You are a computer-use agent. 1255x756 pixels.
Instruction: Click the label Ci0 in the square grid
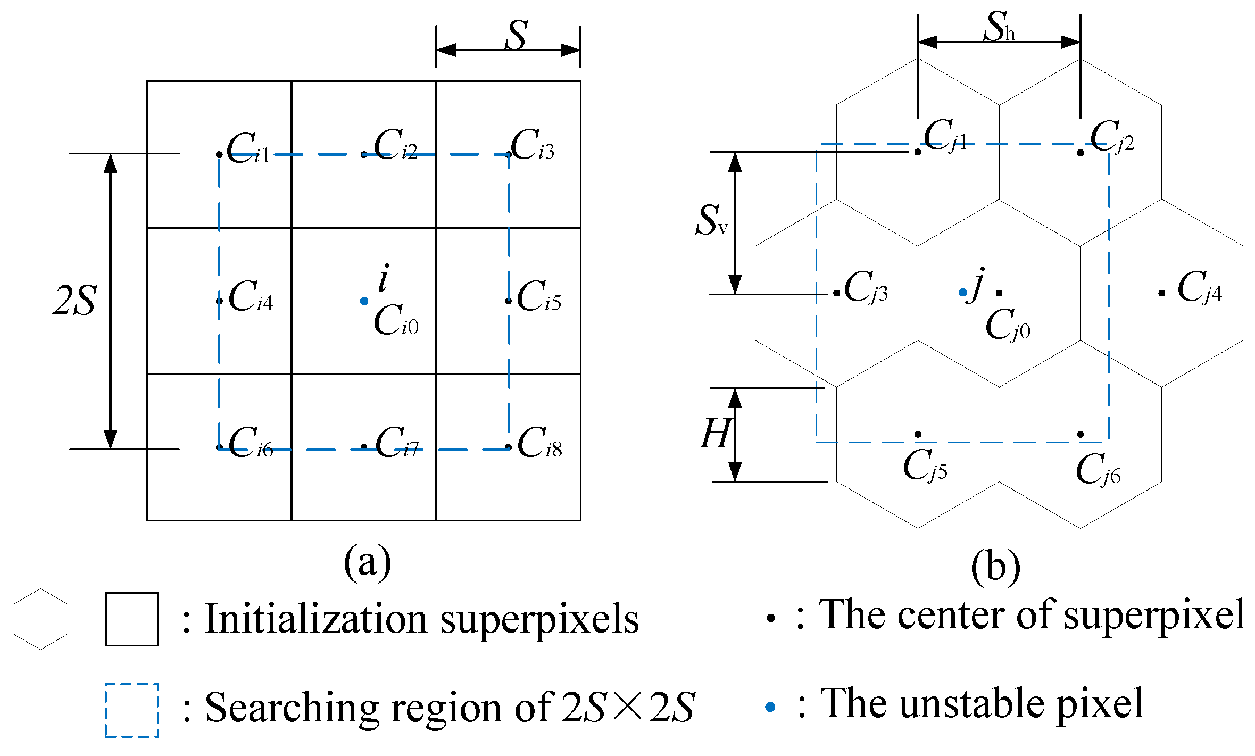(x=396, y=320)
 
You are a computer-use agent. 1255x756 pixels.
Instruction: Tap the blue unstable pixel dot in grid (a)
(x=364, y=301)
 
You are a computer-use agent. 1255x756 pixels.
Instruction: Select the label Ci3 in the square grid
(x=532, y=145)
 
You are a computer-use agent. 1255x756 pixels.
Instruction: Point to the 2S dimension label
(x=75, y=301)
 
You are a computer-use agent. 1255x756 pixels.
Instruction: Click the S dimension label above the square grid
(x=516, y=36)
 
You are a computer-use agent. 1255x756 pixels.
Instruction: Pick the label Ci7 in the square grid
(x=397, y=443)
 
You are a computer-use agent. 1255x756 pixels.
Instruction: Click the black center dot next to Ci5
(x=508, y=301)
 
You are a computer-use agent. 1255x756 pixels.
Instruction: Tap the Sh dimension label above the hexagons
(x=999, y=27)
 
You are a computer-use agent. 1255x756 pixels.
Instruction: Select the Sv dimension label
(x=711, y=220)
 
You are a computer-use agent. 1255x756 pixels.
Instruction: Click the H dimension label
(x=714, y=434)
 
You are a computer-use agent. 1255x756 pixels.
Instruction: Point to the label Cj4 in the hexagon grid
(x=1199, y=288)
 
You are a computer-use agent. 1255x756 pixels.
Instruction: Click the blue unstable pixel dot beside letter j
(x=962, y=292)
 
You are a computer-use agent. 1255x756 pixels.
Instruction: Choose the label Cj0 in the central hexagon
(x=1007, y=325)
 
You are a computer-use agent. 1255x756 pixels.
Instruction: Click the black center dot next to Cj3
(x=837, y=293)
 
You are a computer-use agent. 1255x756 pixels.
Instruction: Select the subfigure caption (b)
(x=995, y=568)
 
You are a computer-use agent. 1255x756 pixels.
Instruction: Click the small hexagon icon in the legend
(x=40, y=619)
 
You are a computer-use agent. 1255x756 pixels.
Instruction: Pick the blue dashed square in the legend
(x=132, y=710)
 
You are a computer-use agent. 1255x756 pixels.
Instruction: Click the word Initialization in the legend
(x=316, y=619)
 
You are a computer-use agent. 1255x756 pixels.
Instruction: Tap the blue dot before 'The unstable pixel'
(x=770, y=707)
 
